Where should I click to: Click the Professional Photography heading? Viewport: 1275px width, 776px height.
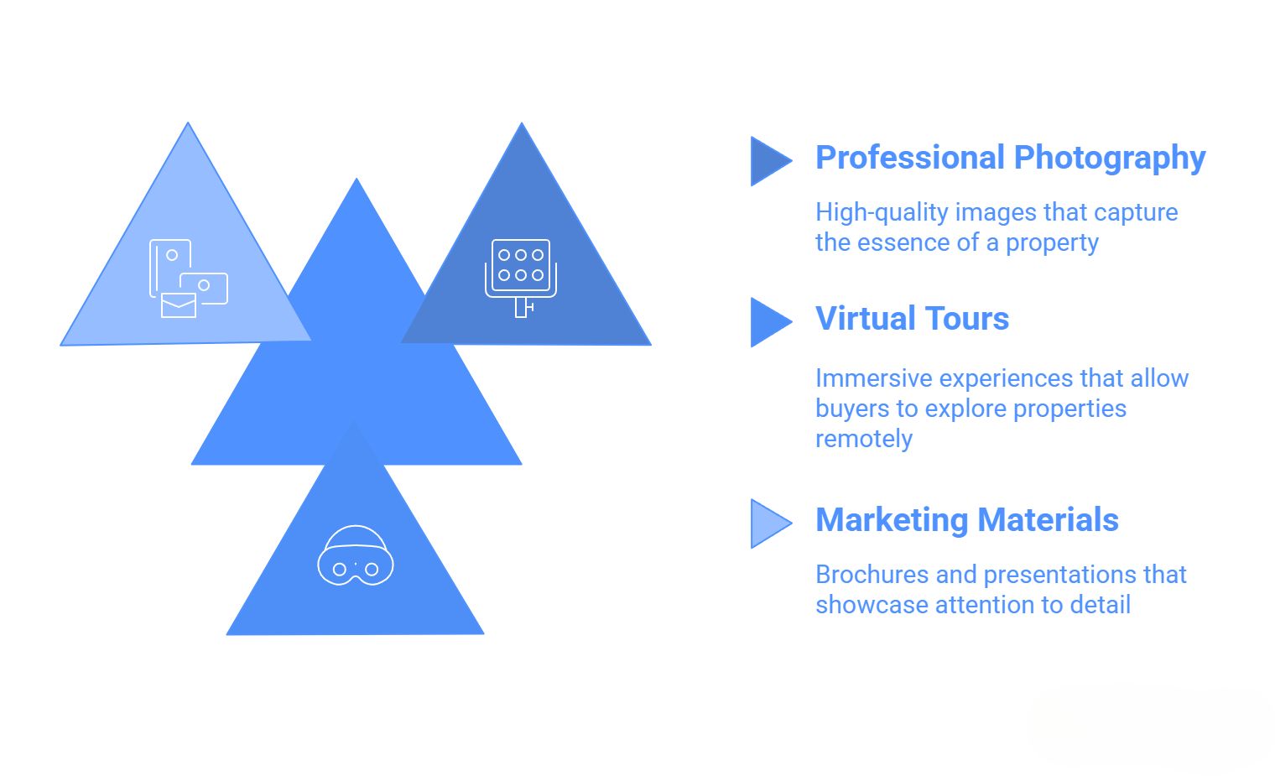point(1010,158)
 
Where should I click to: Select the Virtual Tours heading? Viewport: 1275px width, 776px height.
point(912,319)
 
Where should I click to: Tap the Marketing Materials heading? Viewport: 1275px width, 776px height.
point(966,520)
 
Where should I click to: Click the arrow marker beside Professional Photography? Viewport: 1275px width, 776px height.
point(768,161)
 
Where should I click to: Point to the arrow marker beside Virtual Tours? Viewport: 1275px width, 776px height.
point(768,322)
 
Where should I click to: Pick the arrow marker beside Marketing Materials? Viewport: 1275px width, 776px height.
point(768,523)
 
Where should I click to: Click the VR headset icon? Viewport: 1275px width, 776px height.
point(356,556)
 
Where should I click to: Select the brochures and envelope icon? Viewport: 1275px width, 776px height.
point(188,279)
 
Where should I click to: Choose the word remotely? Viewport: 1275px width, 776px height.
point(863,439)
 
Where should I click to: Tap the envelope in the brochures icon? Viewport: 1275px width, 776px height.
point(178,305)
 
